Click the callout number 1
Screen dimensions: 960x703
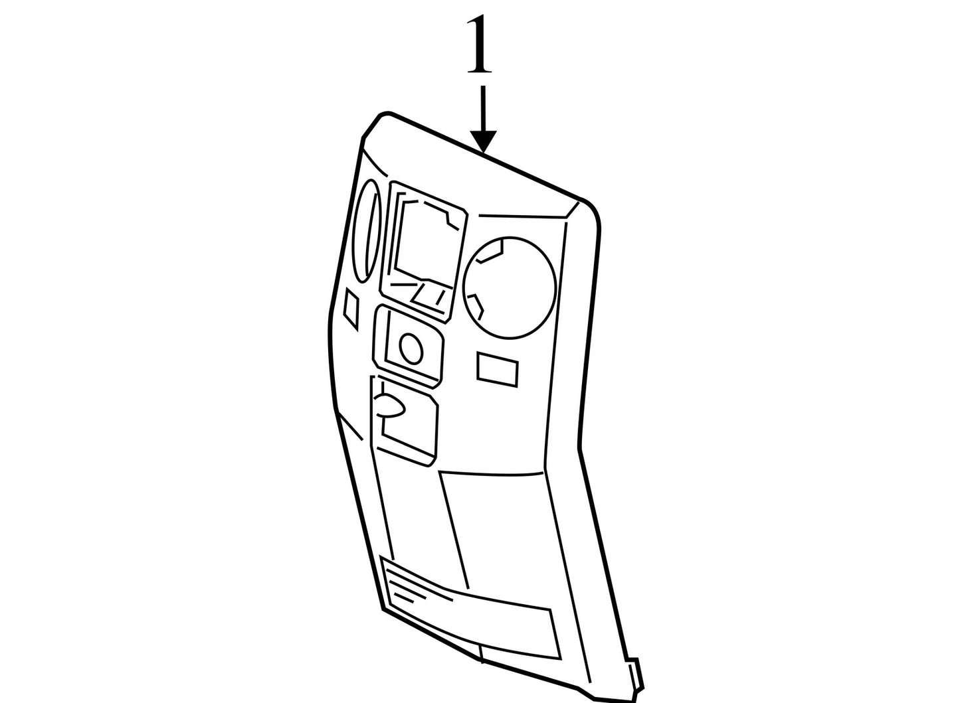tap(480, 44)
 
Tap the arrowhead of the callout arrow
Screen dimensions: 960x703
tap(484, 141)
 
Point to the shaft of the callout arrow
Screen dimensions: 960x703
tap(484, 108)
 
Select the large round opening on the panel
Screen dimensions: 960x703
tap(510, 287)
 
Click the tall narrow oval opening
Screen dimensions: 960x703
tap(367, 230)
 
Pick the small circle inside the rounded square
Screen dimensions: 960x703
tap(411, 349)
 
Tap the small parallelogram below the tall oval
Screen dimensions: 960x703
tap(351, 309)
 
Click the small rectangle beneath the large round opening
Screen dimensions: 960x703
tap(497, 370)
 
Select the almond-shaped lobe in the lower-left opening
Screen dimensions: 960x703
tap(389, 404)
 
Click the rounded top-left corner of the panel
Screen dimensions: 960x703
tap(374, 121)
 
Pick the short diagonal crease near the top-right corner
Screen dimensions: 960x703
tap(571, 210)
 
